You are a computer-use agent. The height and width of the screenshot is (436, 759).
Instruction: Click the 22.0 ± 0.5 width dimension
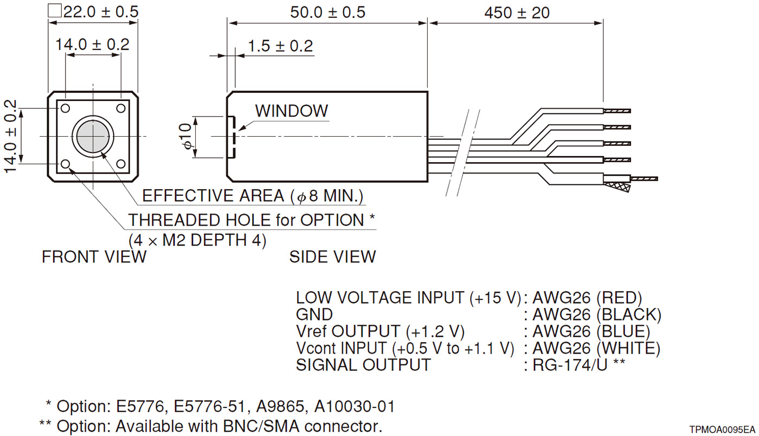(x=100, y=11)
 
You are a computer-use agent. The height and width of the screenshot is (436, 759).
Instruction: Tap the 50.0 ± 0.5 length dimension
(x=327, y=12)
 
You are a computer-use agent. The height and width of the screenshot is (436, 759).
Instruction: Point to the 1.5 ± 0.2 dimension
(x=280, y=46)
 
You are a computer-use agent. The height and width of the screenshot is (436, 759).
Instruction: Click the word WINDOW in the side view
(x=291, y=111)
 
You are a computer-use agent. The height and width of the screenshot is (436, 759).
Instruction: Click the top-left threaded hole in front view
(x=66, y=108)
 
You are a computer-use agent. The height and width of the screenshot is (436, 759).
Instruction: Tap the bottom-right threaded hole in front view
(x=120, y=164)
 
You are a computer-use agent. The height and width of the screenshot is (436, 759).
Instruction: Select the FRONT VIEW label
(x=94, y=257)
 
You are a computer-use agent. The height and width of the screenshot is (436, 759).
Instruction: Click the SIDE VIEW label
(x=332, y=257)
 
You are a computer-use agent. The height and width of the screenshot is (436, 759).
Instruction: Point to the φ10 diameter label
(x=186, y=137)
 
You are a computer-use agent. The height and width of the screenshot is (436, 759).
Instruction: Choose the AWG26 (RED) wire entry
(x=587, y=298)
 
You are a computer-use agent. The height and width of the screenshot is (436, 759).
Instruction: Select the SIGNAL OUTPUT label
(x=363, y=365)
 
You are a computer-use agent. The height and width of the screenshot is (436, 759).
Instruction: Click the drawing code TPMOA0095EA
(x=722, y=429)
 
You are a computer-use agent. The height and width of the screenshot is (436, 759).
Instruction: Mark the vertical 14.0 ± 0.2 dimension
(x=11, y=136)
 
